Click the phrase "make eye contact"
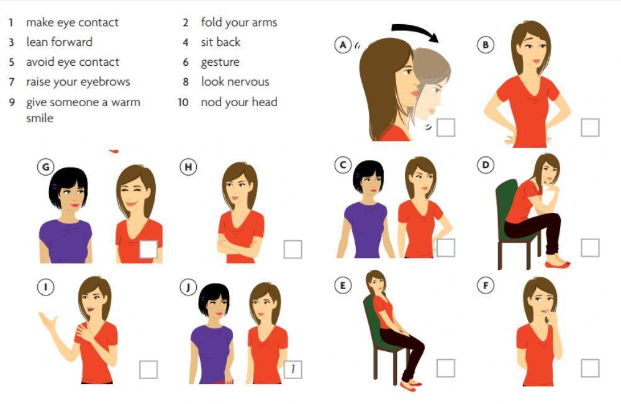(73, 22)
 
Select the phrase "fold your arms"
(239, 22)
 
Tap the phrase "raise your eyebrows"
(78, 82)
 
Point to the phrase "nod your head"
(239, 102)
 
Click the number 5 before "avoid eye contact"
(12, 62)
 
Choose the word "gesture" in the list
(220, 63)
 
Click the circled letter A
(343, 45)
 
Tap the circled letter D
(486, 165)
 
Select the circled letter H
(188, 167)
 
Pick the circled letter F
(486, 285)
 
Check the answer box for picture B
(590, 127)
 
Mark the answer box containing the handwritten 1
(293, 370)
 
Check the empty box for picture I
(148, 370)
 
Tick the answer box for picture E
(445, 368)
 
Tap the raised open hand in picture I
(48, 321)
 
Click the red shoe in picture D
(557, 264)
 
